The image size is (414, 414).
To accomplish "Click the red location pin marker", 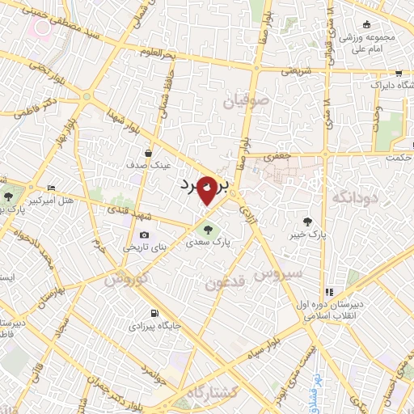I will [207, 189].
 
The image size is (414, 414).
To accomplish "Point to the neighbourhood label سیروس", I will [279, 274].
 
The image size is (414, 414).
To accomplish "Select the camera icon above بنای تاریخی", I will [144, 234].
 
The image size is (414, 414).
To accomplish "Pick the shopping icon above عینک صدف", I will [149, 152].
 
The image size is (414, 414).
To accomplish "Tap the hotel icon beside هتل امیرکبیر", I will [52, 187].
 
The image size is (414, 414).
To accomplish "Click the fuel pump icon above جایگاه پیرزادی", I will [154, 313].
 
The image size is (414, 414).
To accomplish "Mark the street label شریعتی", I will [296, 70].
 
